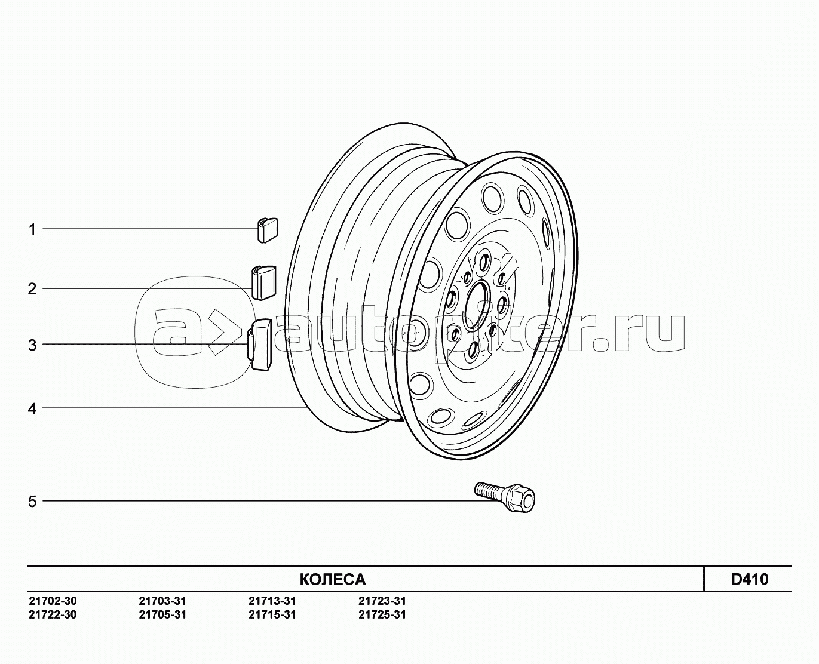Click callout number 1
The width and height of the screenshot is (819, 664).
(x=33, y=229)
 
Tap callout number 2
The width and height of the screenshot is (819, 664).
(x=32, y=288)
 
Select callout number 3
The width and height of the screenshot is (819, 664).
(x=33, y=346)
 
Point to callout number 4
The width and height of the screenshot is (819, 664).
(x=32, y=409)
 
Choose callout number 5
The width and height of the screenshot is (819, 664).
(x=33, y=501)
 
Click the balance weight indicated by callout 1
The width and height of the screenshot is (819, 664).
(x=267, y=230)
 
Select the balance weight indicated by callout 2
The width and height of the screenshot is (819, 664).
(x=263, y=282)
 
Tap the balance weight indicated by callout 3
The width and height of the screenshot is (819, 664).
(x=260, y=345)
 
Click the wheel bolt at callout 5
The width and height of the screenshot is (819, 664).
(x=505, y=496)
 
